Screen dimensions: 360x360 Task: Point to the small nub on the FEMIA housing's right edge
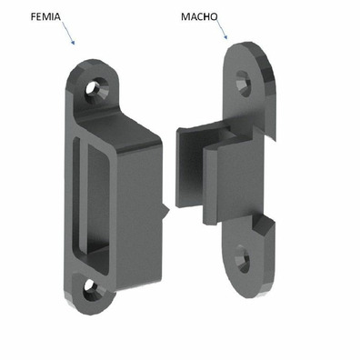(x=168, y=212)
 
